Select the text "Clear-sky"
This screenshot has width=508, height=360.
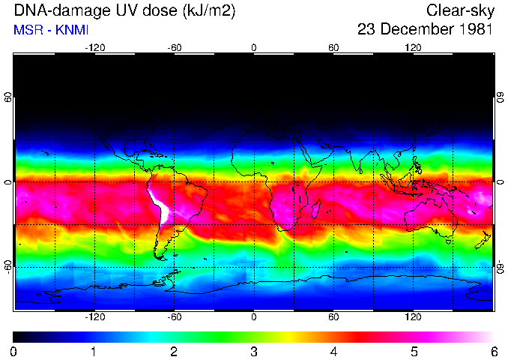459,11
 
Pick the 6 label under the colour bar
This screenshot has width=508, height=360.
493,351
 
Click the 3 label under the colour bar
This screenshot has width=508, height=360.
253,351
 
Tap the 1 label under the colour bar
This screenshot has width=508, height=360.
93,351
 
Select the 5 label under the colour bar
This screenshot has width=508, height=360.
413,351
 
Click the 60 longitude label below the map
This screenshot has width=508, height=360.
333,317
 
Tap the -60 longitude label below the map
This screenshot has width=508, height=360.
174,317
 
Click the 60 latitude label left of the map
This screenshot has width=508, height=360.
7,97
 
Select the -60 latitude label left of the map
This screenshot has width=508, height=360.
7,266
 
